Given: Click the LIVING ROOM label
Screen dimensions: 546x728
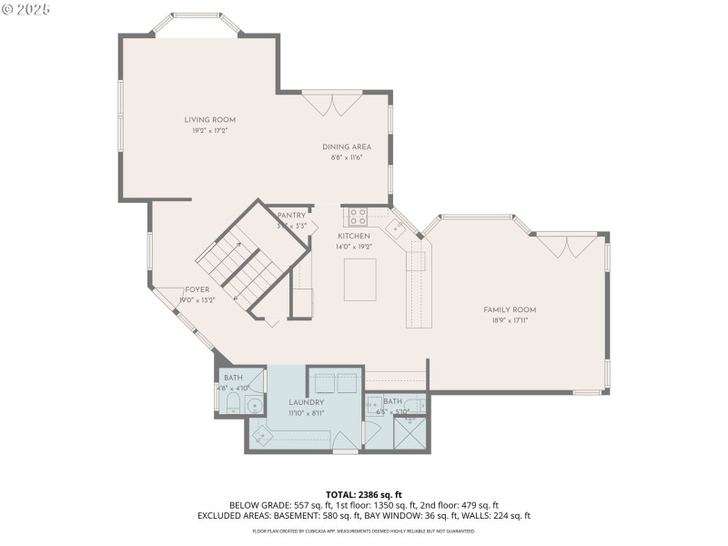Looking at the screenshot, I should pos(210,120).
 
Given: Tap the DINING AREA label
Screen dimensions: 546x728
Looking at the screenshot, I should pos(346,147).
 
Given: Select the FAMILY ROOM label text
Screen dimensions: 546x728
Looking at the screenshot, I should pos(510,309).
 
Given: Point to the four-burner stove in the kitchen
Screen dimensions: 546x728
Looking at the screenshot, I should pos(356,217).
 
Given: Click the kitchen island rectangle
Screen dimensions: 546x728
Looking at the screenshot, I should pos(361,279).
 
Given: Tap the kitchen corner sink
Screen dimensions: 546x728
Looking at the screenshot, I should pos(396,227).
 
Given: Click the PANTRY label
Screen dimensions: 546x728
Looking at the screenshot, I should pos(291,216).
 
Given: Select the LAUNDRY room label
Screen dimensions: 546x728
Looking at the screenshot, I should pos(307,402).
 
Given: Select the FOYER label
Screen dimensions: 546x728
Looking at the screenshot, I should pos(197,289).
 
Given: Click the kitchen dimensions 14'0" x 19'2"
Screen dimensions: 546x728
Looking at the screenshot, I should pos(354,246).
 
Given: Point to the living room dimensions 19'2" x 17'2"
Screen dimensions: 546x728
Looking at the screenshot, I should pos(210,131).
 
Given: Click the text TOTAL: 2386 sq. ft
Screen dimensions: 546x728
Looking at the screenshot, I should pos(363,495).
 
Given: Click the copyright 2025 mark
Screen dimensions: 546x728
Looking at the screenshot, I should pos(27,9).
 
